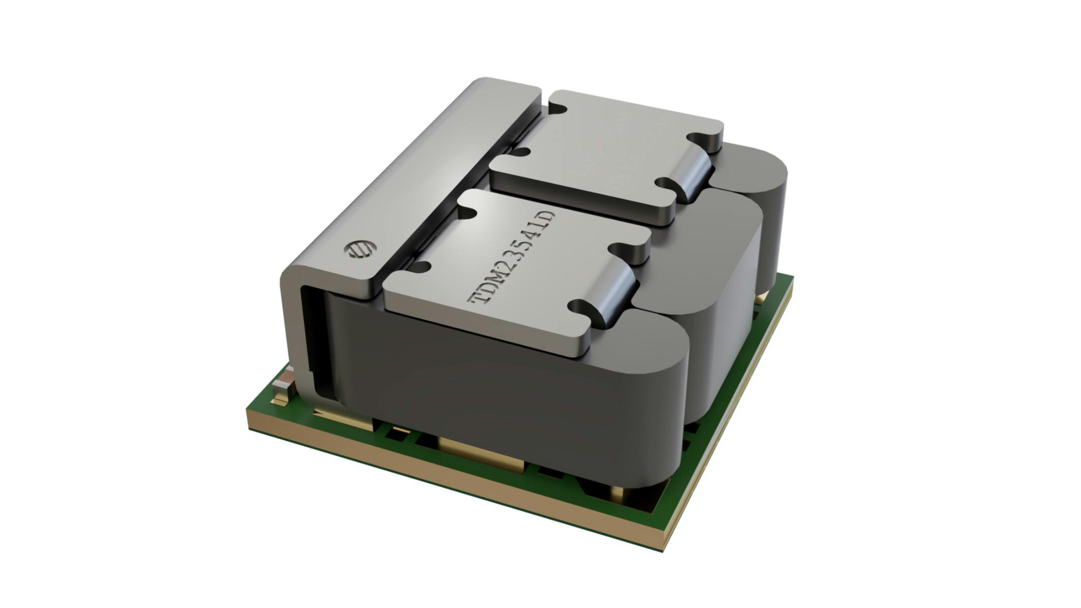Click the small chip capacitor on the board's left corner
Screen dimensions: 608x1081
click(282, 387)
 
